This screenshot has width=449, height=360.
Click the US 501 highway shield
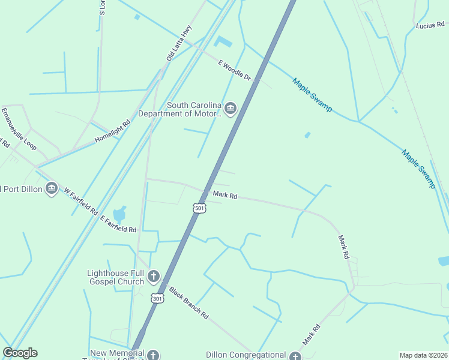[200, 208]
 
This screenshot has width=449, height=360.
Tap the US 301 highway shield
[157, 298]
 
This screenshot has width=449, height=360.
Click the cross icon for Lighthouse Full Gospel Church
[154, 277]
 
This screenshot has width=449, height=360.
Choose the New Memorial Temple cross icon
[154, 355]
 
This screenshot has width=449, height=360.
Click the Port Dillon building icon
[52, 189]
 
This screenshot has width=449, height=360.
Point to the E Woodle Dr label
[234, 71]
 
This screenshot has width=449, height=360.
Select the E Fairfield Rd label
[118, 225]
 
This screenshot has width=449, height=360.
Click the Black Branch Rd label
[188, 302]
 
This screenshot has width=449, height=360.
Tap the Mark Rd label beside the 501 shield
[225, 196]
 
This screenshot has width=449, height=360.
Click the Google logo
[20, 353]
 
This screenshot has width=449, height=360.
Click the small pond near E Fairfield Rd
[119, 214]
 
